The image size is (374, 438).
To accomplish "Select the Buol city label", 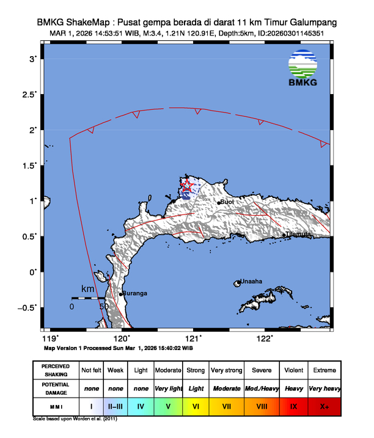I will point(227,202).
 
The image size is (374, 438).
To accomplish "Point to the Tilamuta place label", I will point(299,234).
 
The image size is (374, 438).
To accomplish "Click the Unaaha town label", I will point(251,282).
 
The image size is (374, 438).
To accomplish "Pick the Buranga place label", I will point(135,293).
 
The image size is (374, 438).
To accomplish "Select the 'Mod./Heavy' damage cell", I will point(262,388).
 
